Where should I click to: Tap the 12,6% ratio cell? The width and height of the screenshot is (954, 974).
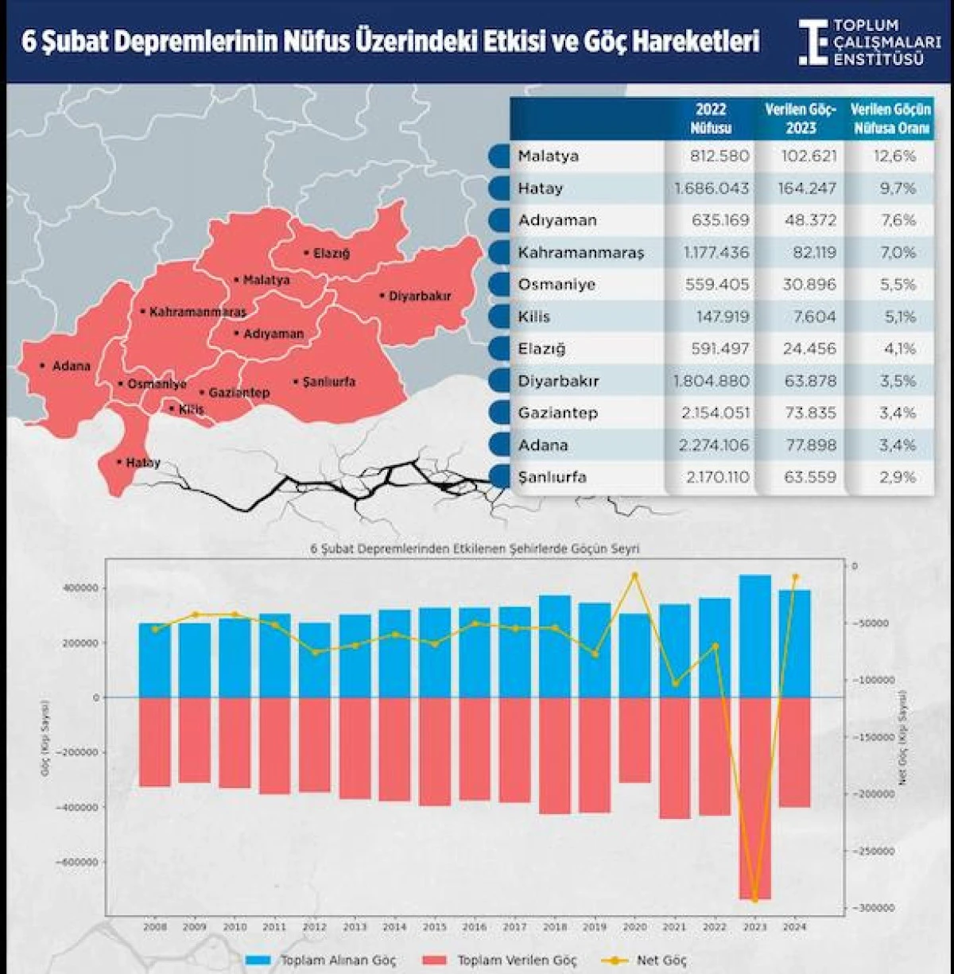pyautogui.click(x=894, y=156)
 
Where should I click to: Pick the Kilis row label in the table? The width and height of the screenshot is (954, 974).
pyautogui.click(x=534, y=316)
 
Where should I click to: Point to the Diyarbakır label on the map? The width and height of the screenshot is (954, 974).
pyautogui.click(x=419, y=296)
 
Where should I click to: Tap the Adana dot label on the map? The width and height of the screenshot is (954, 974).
pyautogui.click(x=70, y=367)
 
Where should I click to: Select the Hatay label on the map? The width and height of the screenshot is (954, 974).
pyautogui.click(x=142, y=463)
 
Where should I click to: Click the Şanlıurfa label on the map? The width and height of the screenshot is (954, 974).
pyautogui.click(x=328, y=382)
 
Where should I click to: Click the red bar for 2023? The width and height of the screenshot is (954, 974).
pyautogui.click(x=754, y=797)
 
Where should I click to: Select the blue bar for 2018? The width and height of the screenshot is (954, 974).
pyautogui.click(x=554, y=646)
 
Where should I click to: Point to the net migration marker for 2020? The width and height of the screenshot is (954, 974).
pyautogui.click(x=634, y=574)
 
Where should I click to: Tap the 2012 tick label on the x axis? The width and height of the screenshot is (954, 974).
pyautogui.click(x=314, y=927)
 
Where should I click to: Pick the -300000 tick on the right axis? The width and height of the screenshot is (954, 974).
pyautogui.click(x=872, y=908)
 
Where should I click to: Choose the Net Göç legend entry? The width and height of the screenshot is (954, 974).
pyautogui.click(x=661, y=960)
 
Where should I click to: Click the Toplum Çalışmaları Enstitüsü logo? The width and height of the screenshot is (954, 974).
pyautogui.click(x=870, y=42)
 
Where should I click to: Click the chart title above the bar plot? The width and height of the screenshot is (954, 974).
pyautogui.click(x=475, y=549)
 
